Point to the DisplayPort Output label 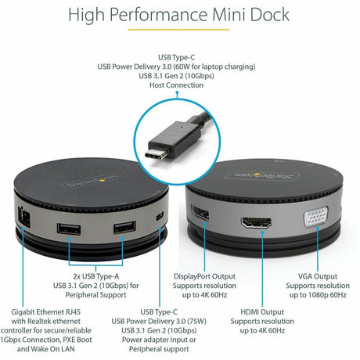tap(205, 275)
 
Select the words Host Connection tap(179, 85)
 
